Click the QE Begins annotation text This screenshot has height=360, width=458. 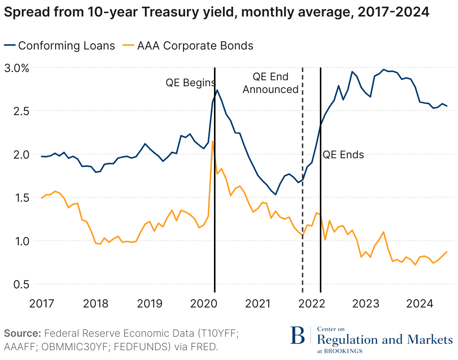click(x=190, y=83)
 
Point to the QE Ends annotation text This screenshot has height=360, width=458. click(x=343, y=154)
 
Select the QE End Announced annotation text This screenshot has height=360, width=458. click(x=270, y=83)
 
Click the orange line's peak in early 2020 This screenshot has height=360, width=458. click(x=213, y=141)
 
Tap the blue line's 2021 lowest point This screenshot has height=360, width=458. click(x=276, y=194)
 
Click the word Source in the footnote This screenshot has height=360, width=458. click(x=22, y=333)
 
